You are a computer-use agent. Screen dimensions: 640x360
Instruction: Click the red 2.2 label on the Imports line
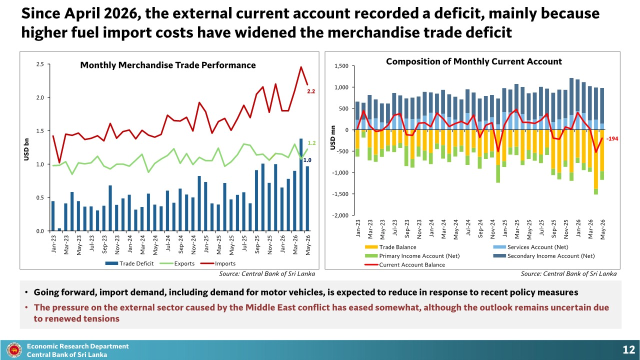(311, 91)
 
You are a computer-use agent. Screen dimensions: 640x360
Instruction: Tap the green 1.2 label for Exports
(311, 143)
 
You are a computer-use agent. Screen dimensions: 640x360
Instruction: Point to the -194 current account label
(612, 139)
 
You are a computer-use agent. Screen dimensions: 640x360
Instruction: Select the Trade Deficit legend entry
(129, 263)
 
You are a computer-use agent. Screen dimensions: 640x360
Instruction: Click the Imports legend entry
(217, 263)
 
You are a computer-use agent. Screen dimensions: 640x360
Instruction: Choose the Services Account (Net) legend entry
(530, 247)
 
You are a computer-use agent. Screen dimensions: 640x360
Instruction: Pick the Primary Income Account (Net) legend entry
(412, 256)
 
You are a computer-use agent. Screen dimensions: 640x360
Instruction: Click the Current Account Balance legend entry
(405, 265)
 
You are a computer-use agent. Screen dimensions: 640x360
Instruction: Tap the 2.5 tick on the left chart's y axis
(40, 64)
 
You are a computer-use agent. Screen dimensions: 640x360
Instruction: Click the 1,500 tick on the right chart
(341, 66)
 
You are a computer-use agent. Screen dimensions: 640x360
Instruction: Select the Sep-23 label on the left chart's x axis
(104, 244)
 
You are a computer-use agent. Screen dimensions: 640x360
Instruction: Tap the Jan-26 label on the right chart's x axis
(578, 228)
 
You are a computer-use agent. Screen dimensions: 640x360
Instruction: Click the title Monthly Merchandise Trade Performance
(168, 65)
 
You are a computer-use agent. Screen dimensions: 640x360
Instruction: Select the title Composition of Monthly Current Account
(473, 61)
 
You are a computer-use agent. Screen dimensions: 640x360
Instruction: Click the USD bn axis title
(26, 149)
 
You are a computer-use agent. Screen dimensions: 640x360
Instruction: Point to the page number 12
(628, 349)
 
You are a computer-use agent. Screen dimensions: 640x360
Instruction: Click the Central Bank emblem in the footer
(14, 350)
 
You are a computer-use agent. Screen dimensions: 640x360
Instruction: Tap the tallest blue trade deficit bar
(301, 184)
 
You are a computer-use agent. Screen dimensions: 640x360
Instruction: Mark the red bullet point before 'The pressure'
(26, 307)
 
